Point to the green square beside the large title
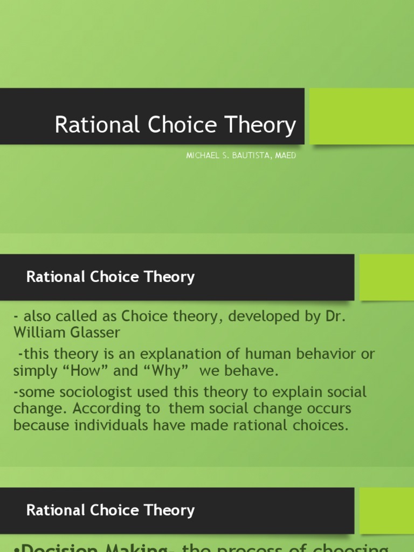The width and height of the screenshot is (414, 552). tap(362, 116)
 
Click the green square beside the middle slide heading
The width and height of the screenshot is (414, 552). tap(387, 277)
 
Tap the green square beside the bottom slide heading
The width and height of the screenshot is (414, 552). tap(387, 510)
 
